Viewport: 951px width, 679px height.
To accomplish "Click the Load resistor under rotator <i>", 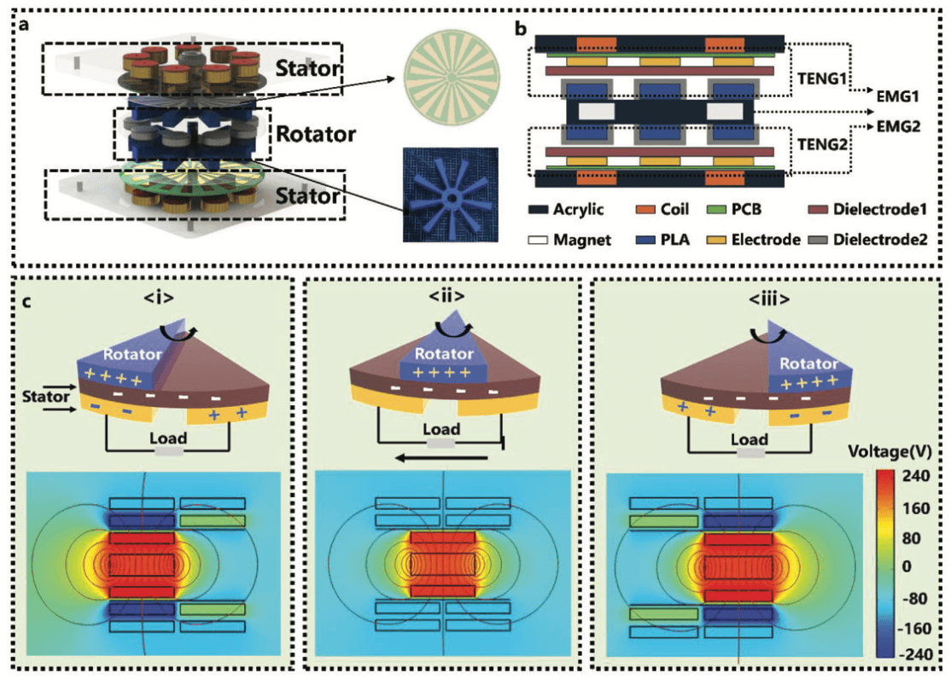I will (x=169, y=448).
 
